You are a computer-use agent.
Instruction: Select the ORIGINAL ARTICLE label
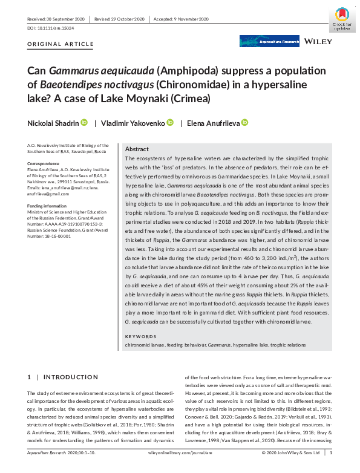61,44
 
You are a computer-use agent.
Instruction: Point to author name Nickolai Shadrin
53,123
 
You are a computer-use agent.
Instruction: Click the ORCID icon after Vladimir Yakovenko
171,123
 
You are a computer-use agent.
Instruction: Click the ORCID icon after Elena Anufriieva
244,123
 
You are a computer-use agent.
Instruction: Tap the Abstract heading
137,149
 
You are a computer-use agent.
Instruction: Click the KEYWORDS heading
140,336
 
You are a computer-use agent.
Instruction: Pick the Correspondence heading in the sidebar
44,164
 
